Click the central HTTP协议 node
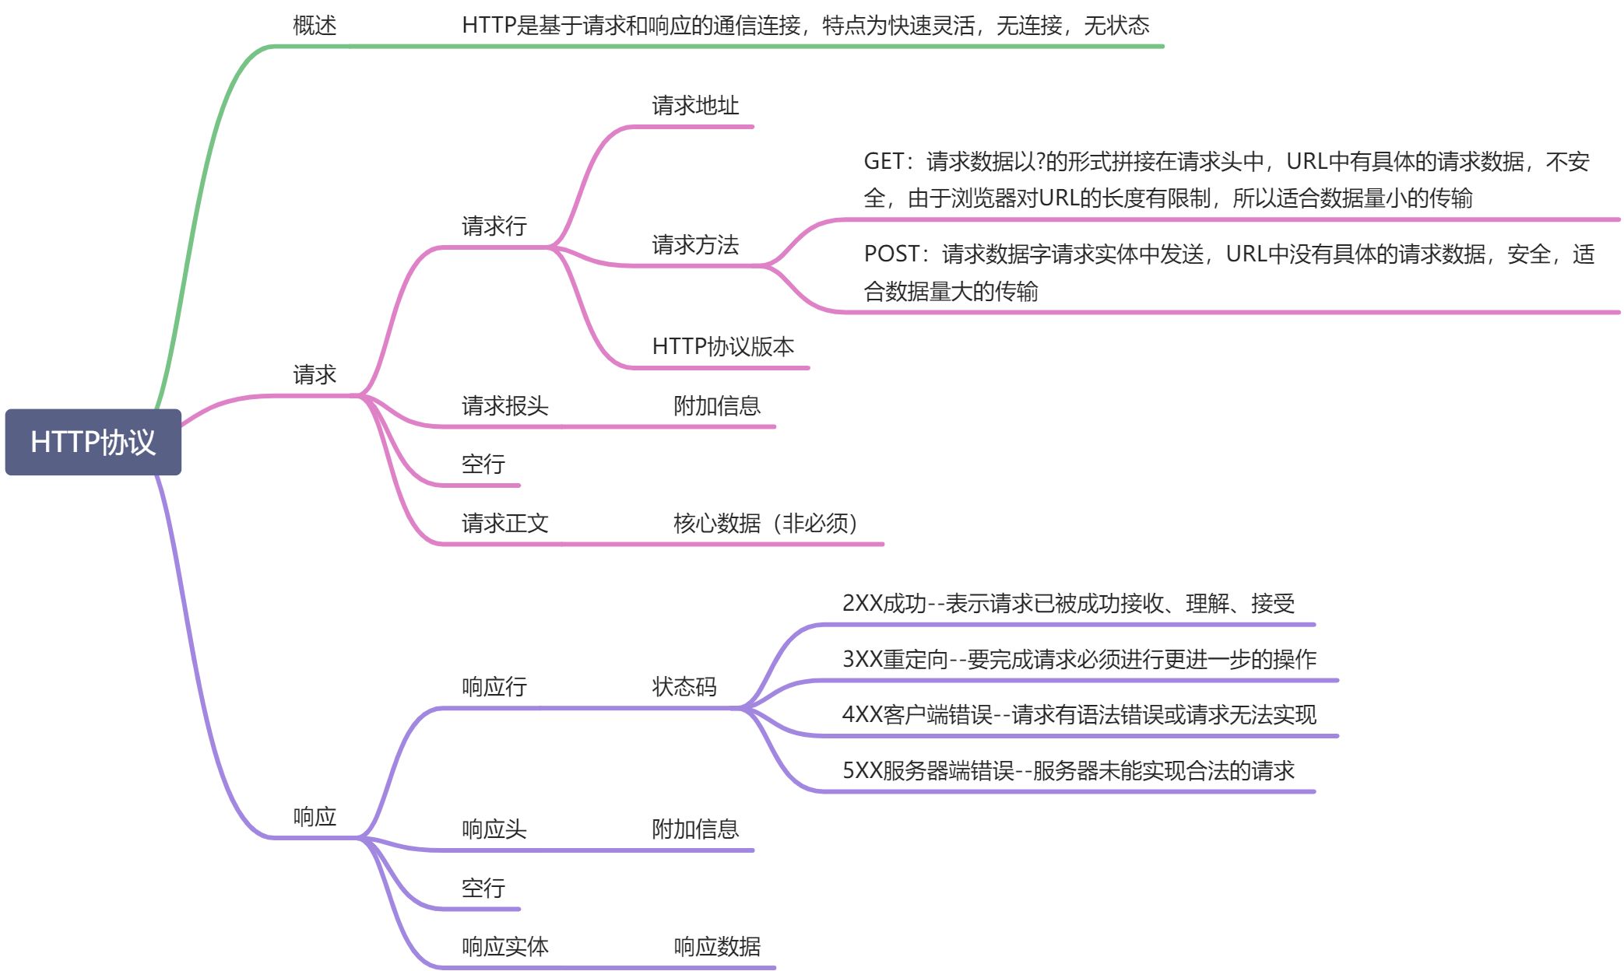(x=93, y=442)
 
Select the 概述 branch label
(x=315, y=26)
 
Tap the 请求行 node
(x=494, y=226)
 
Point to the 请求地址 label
(x=695, y=106)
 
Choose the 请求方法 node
(x=695, y=245)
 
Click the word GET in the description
(x=884, y=162)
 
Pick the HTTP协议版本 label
(x=722, y=346)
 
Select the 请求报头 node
(x=504, y=406)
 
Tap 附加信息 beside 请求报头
(x=716, y=406)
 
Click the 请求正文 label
(x=504, y=524)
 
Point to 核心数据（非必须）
(x=765, y=524)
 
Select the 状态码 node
(x=684, y=687)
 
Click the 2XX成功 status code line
(x=1068, y=604)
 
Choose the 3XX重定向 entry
(x=1079, y=660)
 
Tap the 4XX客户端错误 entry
(x=1079, y=715)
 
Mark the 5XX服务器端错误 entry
(x=1068, y=771)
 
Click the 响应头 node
(x=494, y=829)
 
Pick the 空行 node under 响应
(x=483, y=889)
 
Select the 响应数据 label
(x=716, y=947)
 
